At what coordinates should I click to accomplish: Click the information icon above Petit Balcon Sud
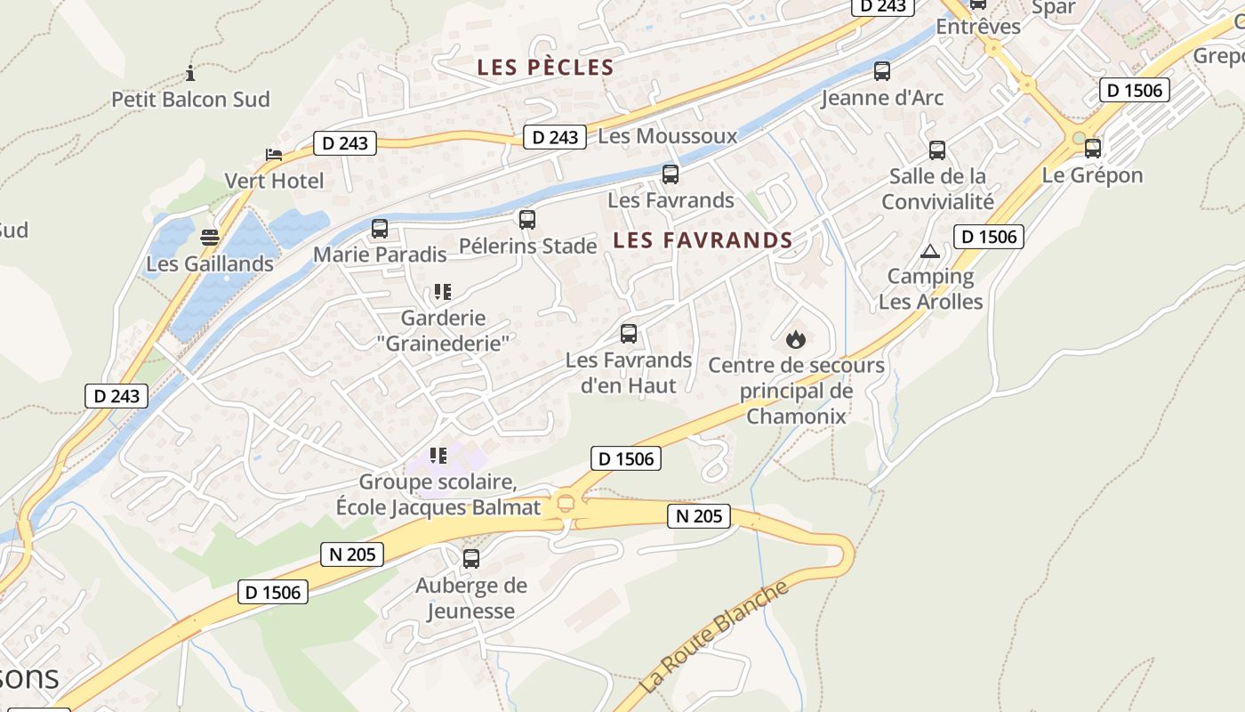(x=189, y=73)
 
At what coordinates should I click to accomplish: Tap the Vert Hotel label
(x=274, y=181)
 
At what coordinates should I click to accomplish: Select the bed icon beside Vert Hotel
(x=274, y=155)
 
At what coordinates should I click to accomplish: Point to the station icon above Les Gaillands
(x=210, y=238)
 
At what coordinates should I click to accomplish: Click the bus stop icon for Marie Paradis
(x=380, y=229)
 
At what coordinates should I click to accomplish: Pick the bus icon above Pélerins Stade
(x=527, y=219)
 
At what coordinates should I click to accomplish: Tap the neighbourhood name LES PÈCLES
(x=545, y=68)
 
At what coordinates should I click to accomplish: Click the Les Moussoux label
(x=668, y=136)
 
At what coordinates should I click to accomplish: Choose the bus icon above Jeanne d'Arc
(x=882, y=71)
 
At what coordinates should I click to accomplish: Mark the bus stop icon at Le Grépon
(x=1093, y=149)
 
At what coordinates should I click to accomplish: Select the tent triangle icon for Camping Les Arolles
(x=930, y=251)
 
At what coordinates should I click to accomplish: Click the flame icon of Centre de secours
(x=796, y=339)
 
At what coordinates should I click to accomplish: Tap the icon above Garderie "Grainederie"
(x=442, y=291)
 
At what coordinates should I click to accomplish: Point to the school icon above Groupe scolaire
(x=438, y=456)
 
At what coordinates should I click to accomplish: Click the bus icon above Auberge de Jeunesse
(x=471, y=559)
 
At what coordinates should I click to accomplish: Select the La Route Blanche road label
(x=714, y=635)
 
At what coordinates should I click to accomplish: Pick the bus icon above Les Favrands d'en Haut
(x=629, y=334)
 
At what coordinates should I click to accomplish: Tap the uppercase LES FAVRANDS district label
(x=703, y=240)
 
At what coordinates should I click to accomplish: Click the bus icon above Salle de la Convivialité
(x=937, y=150)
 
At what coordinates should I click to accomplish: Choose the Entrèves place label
(x=978, y=27)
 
